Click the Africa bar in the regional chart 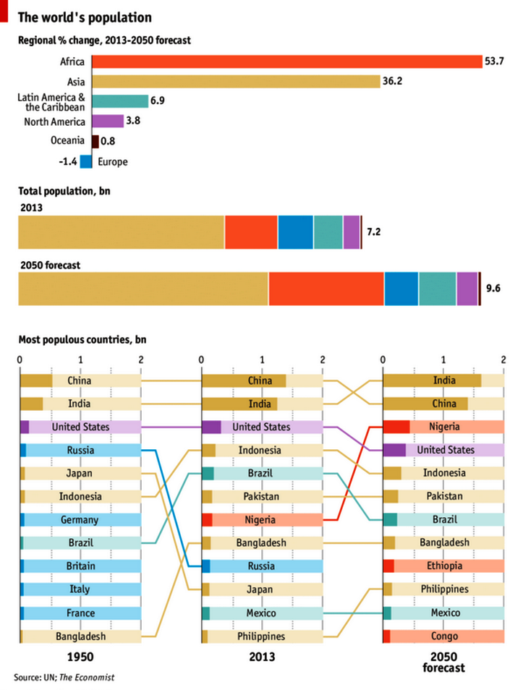tap(286, 61)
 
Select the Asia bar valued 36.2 tap(236, 82)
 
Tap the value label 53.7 tap(493, 62)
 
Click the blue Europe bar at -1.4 tap(85, 162)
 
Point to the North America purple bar tap(108, 122)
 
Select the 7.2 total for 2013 tap(374, 232)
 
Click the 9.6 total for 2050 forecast tap(493, 289)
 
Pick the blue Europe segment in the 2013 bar tap(296, 232)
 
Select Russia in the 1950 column tap(80, 450)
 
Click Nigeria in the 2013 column tap(261, 519)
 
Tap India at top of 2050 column tap(443, 380)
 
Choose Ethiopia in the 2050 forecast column tap(443, 566)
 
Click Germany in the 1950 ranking tap(80, 519)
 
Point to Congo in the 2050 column tap(443, 636)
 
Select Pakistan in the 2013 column tap(261, 496)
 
